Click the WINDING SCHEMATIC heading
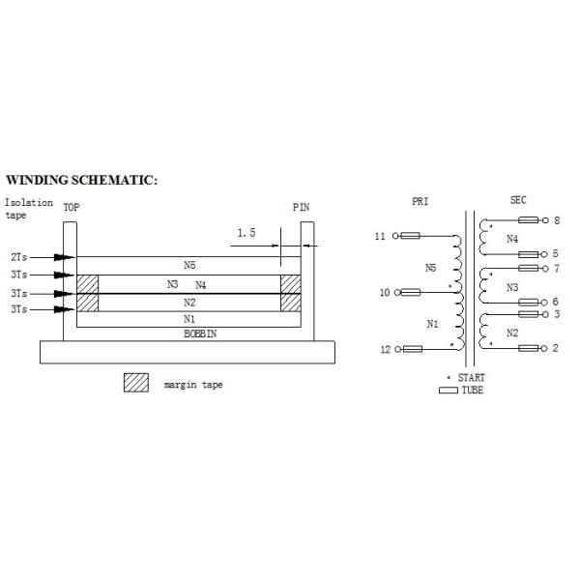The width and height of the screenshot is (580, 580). tap(82, 180)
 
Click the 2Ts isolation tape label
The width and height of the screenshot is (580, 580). tap(19, 257)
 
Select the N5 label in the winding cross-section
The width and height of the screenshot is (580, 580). tap(189, 265)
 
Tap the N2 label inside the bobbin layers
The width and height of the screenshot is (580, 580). tap(189, 303)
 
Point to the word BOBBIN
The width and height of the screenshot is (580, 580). tap(200, 333)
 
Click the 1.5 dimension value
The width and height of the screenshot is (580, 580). tap(246, 233)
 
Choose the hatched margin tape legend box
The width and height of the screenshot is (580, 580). tap(136, 383)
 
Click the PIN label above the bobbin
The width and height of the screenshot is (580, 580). tap(301, 207)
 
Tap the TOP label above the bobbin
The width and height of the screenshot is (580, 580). tap(72, 207)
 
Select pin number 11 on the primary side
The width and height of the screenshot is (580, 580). tap(380, 236)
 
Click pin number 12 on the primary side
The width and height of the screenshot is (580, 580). tap(386, 350)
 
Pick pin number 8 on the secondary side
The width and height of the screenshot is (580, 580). tap(557, 220)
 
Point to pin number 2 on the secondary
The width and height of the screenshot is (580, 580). tap(555, 348)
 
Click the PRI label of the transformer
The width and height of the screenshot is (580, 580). tap(420, 202)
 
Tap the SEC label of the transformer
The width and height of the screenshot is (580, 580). tap(518, 200)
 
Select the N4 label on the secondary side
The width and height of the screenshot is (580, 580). tap(512, 239)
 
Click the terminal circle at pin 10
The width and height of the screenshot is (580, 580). tap(397, 293)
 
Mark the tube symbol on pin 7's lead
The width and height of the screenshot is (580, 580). tap(528, 268)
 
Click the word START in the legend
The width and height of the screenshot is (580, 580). tap(472, 378)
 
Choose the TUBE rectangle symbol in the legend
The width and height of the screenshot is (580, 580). tap(449, 391)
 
